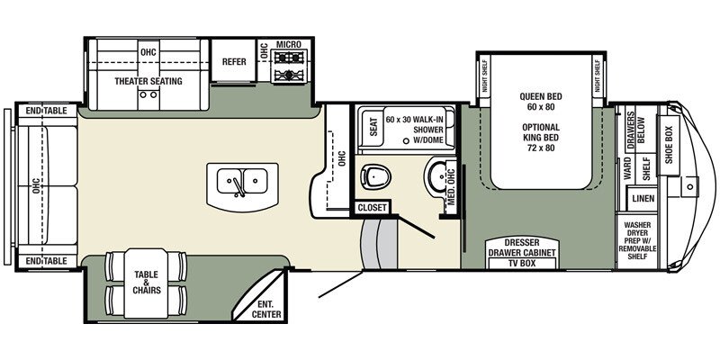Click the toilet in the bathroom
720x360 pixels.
point(375,176)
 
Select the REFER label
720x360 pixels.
point(234,61)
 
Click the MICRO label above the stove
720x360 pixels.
point(288,44)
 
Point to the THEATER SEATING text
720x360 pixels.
point(148,81)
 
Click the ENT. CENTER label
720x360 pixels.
point(266,309)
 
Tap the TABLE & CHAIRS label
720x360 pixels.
point(147,282)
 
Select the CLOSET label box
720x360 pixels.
point(372,208)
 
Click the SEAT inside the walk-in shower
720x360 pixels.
point(373,127)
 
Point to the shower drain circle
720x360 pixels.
point(406,141)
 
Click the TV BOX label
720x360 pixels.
point(521,263)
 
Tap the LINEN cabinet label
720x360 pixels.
point(643,199)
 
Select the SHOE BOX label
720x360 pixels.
point(669,145)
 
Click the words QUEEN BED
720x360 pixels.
point(541,97)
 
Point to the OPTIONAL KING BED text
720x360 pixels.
point(541,138)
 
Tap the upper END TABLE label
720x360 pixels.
point(47,111)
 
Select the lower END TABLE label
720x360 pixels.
point(47,261)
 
